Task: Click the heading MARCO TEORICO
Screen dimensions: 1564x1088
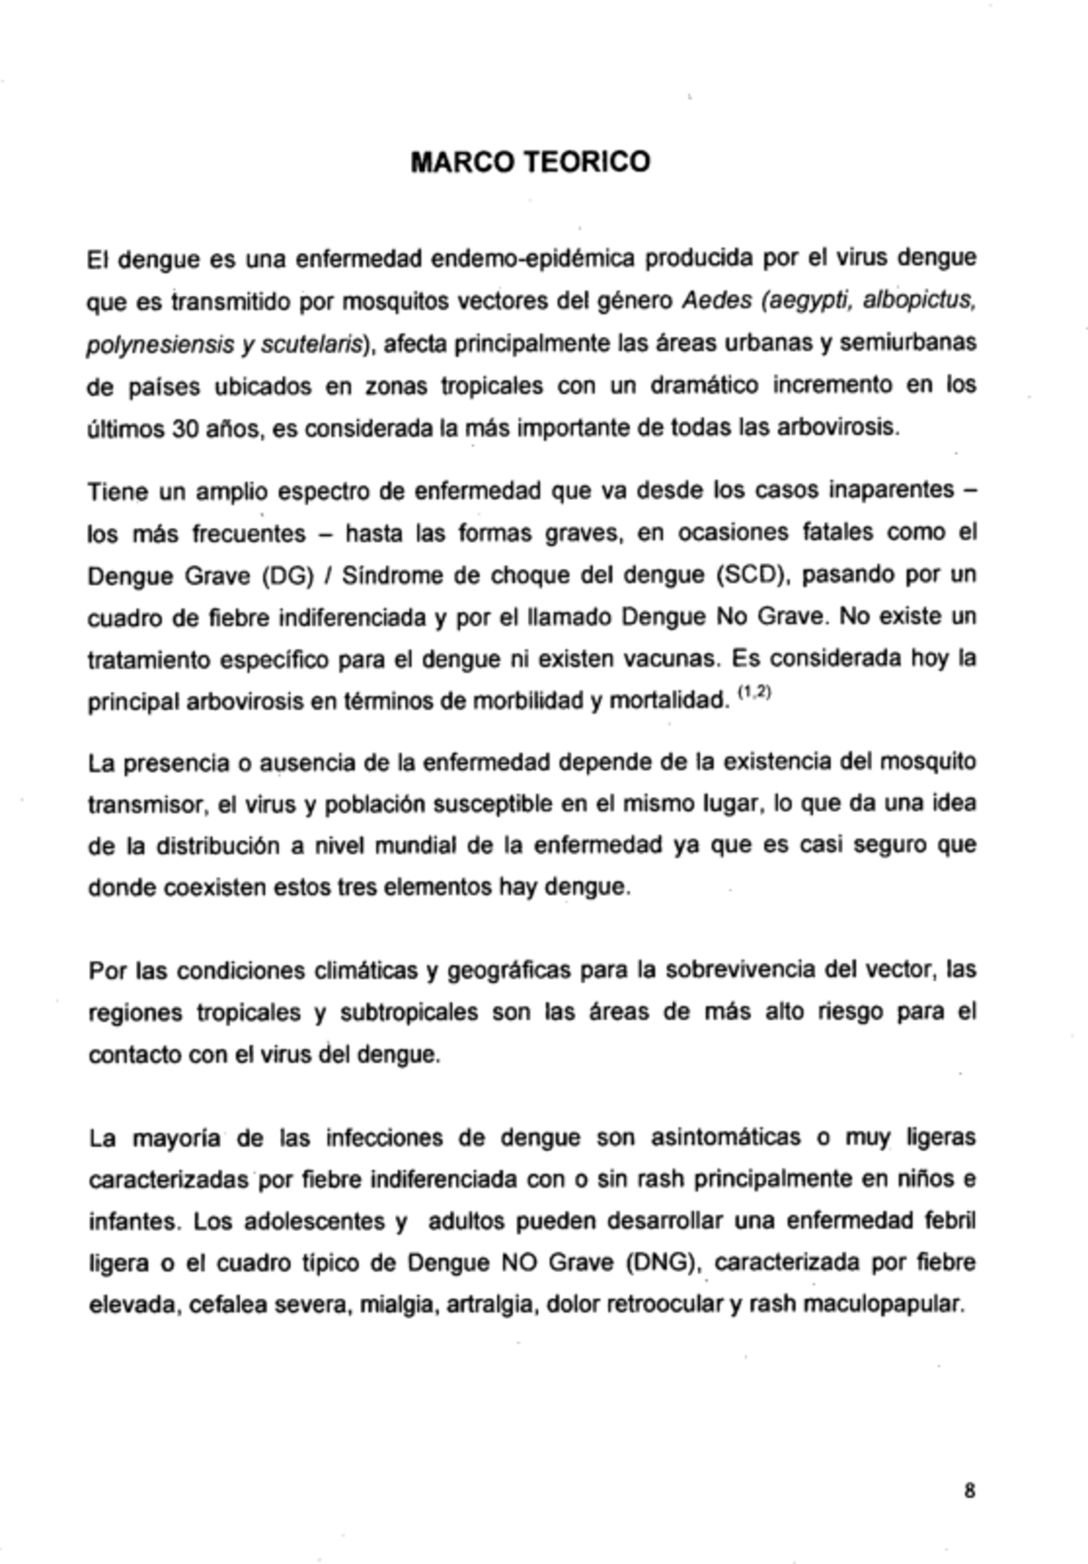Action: pos(530,161)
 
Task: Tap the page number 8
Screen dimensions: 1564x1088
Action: pos(969,1490)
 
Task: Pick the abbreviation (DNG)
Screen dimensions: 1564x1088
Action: pos(659,1263)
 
